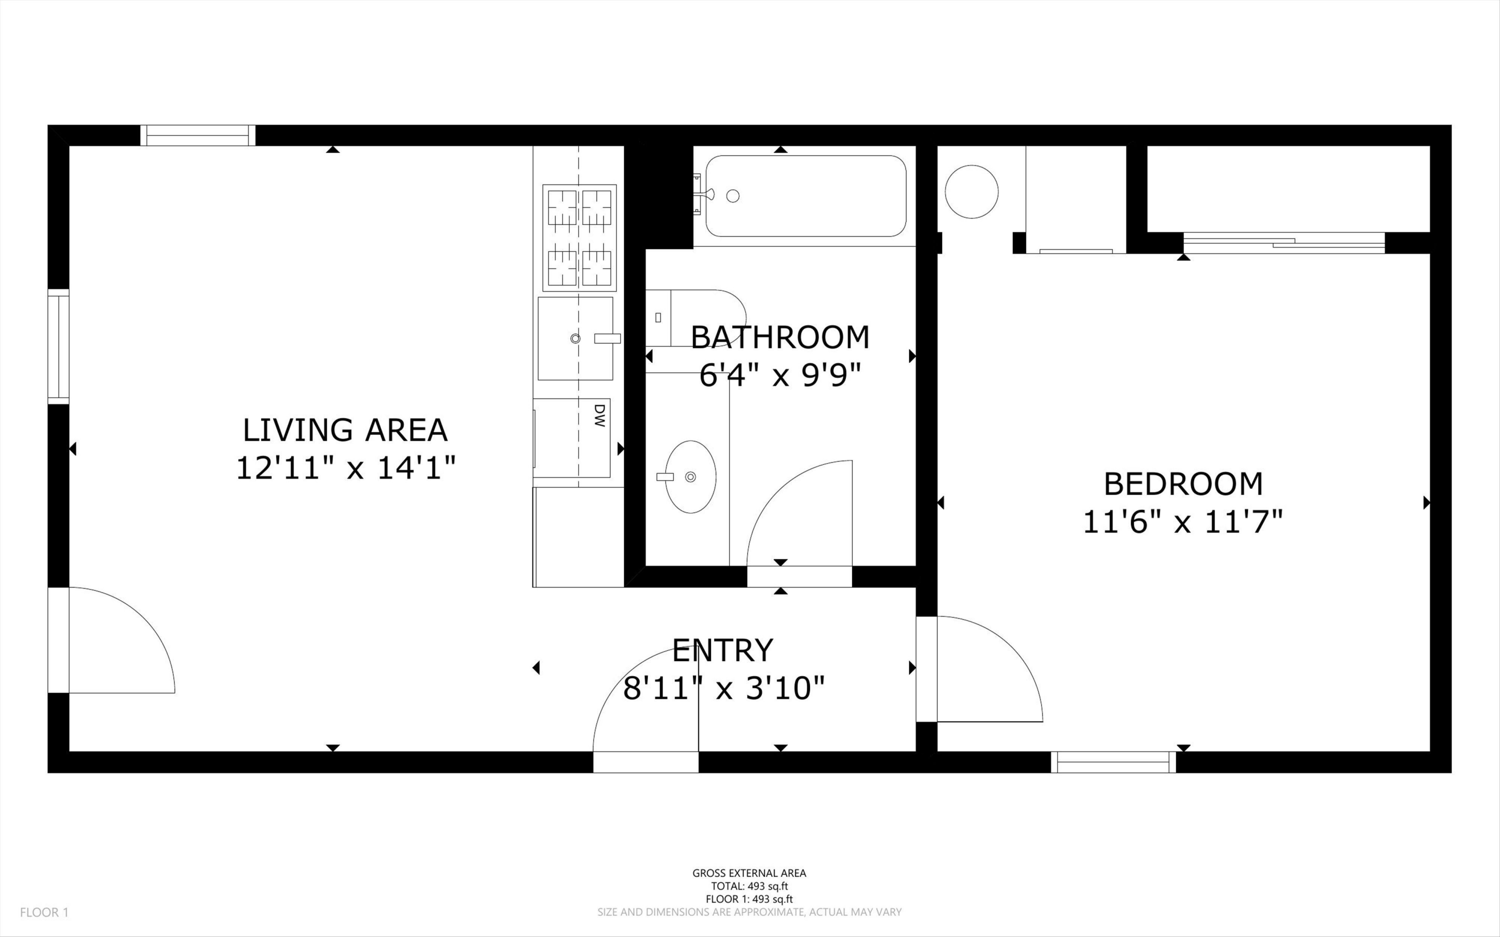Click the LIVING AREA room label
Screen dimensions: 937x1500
pyautogui.click(x=344, y=430)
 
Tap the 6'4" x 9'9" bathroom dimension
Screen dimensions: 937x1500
pyautogui.click(x=780, y=375)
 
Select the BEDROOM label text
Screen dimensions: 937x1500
pyautogui.click(x=1183, y=484)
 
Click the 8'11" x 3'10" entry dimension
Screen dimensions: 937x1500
pyautogui.click(x=723, y=688)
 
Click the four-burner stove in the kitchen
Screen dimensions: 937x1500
pyautogui.click(x=579, y=238)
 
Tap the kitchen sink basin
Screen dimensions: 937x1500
pyautogui.click(x=575, y=338)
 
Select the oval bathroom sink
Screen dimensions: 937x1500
pyautogui.click(x=690, y=476)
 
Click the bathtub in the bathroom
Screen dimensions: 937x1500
pyautogui.click(x=805, y=196)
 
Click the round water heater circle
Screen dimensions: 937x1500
pyautogui.click(x=971, y=191)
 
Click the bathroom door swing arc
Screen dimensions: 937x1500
pyautogui.click(x=799, y=514)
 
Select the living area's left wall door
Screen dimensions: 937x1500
pyautogui.click(x=111, y=640)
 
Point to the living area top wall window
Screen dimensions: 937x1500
pyautogui.click(x=197, y=135)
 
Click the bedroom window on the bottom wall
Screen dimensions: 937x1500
pyautogui.click(x=1113, y=761)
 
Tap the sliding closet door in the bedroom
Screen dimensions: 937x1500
pyautogui.click(x=1284, y=242)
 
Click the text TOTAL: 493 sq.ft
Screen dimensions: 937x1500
pyautogui.click(x=749, y=886)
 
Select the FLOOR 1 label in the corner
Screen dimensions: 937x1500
pyautogui.click(x=44, y=912)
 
